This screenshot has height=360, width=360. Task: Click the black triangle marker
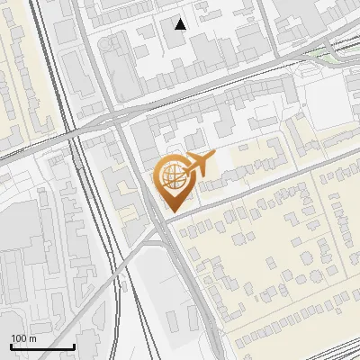coord(181,24)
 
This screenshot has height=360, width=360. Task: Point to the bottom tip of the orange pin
coord(171,212)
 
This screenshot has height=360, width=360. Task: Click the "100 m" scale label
coord(23,338)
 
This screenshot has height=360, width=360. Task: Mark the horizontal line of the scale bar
coord(42,346)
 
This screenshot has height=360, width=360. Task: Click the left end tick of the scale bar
coord(11,345)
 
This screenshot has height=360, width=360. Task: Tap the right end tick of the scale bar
coord(74,345)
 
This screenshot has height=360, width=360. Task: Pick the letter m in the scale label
coord(31,338)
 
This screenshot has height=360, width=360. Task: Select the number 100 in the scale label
coord(19,338)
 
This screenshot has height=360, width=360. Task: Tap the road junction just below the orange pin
coord(163,225)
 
